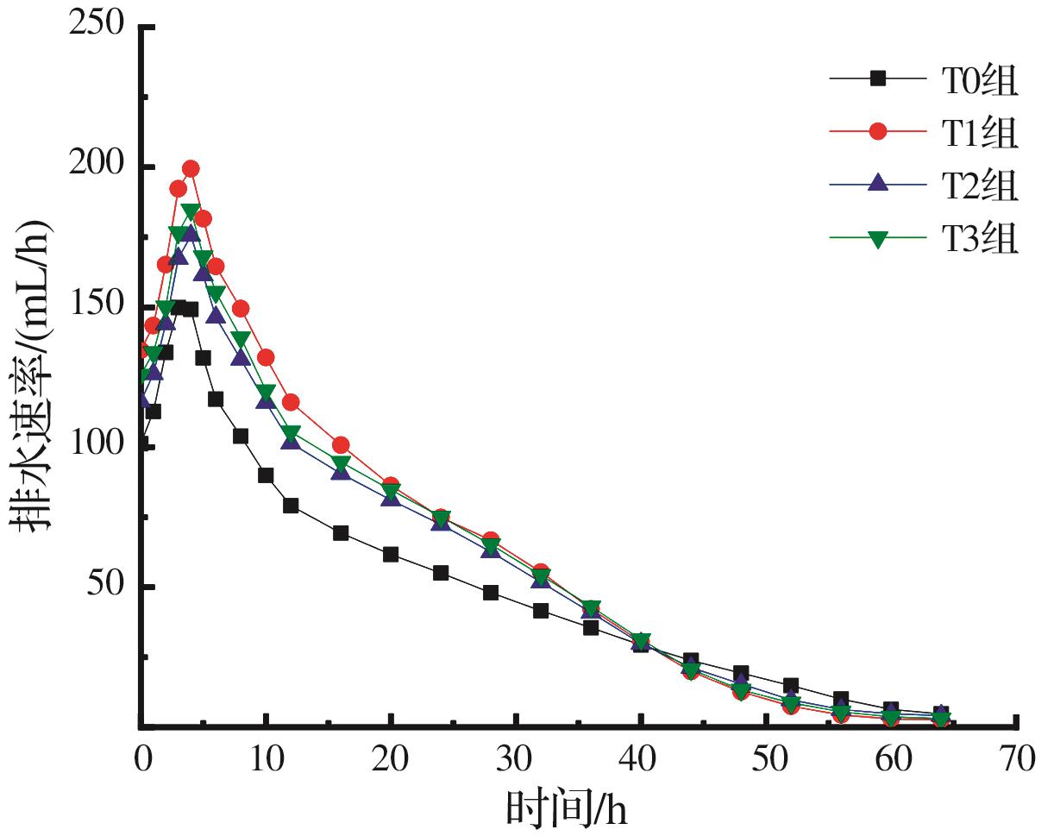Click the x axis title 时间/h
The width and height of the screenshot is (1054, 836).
(x=567, y=808)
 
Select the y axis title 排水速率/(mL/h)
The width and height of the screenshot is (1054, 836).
(x=31, y=377)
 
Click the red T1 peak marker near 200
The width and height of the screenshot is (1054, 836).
(x=191, y=169)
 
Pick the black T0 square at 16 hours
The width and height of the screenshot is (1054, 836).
(x=341, y=533)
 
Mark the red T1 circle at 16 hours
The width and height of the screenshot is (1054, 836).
(x=341, y=445)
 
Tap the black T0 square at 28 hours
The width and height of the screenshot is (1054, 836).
(x=491, y=593)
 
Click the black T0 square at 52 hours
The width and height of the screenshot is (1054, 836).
(x=791, y=686)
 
